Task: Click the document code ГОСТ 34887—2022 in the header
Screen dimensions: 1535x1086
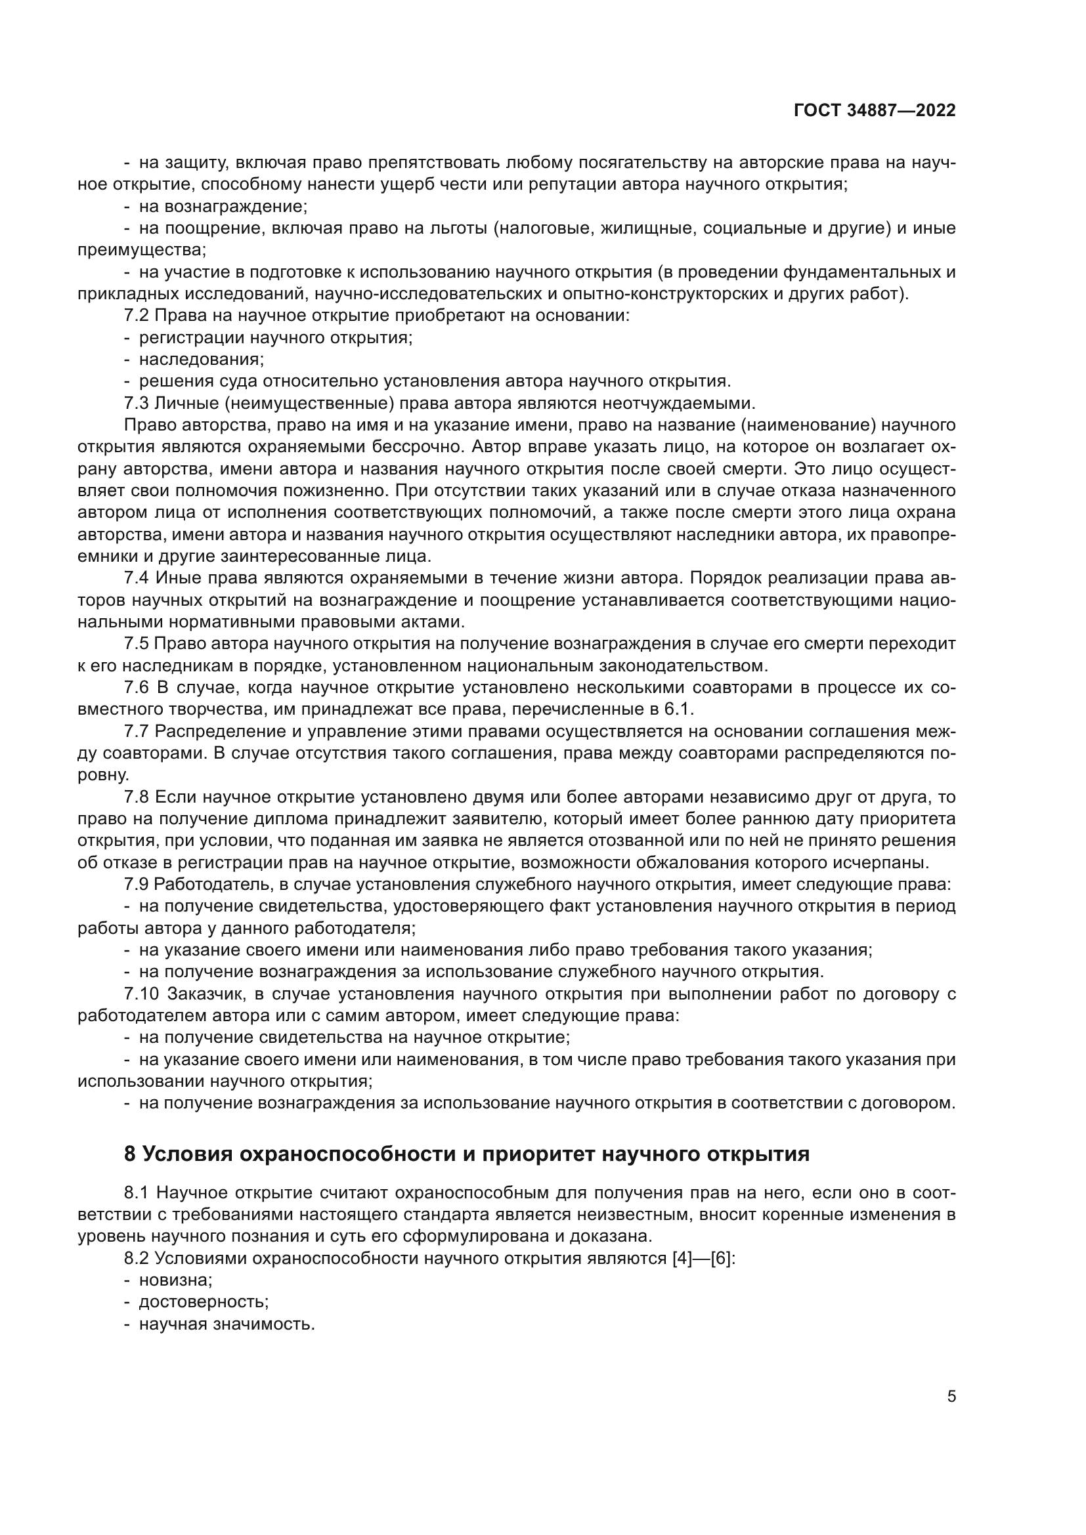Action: (875, 110)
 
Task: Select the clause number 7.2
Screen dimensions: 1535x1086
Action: (137, 316)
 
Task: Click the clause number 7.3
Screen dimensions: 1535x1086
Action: (137, 403)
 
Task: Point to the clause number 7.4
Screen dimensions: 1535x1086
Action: (137, 578)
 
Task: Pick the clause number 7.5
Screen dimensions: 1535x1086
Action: (137, 644)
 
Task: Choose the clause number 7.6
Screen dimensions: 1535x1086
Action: (137, 688)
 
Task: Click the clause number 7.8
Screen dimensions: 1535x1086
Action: (137, 797)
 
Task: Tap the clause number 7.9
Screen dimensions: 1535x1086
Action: (137, 885)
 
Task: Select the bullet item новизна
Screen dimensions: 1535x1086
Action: (175, 1280)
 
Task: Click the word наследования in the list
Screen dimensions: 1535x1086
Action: (201, 360)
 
